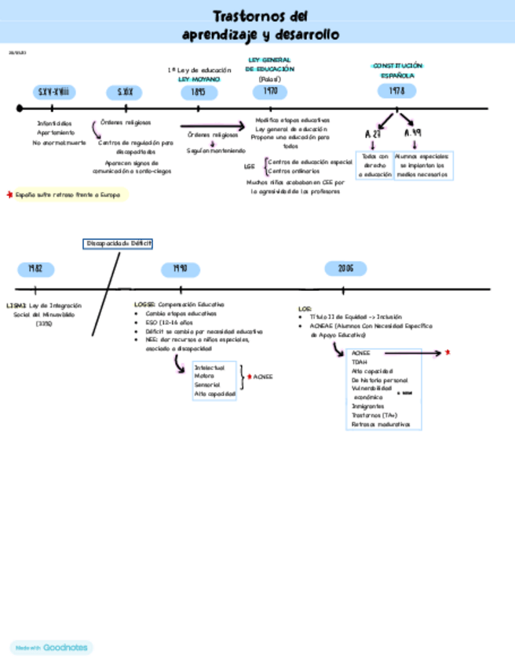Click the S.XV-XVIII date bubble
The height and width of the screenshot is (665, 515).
[x=53, y=93]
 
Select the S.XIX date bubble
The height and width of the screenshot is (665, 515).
[x=125, y=93]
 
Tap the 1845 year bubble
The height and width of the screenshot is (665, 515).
[x=199, y=93]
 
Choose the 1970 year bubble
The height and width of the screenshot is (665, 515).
[x=270, y=92]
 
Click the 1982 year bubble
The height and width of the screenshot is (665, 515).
[x=36, y=269]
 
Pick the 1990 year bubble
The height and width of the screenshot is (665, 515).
[x=180, y=269]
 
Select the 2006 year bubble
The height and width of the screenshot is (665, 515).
[x=346, y=268]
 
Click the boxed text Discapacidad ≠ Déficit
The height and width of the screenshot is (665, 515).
[x=119, y=244]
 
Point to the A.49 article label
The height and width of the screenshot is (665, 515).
[x=412, y=133]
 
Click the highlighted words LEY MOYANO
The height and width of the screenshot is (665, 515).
[x=199, y=79]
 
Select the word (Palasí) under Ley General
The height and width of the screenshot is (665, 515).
[x=269, y=79]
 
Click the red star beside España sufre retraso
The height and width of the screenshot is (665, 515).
[x=9, y=194]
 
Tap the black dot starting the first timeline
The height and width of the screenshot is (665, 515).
[x=19, y=109]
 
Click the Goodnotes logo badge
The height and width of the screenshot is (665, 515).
[x=51, y=648]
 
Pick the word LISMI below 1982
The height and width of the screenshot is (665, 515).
[x=16, y=304]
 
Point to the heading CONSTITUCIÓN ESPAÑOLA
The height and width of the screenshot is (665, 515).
[x=397, y=70]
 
